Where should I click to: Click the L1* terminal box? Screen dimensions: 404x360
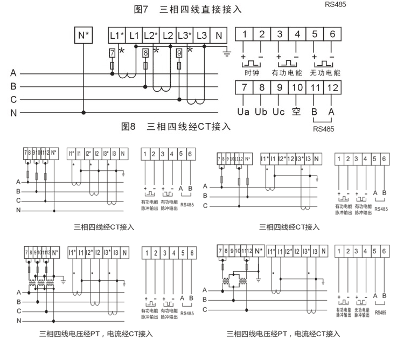(117, 36)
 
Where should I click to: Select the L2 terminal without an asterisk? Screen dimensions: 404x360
(168, 36)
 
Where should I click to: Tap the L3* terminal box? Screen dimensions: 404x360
(185, 36)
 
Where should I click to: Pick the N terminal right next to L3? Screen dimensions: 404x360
(218, 36)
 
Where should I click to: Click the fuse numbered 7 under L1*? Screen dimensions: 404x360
(112, 53)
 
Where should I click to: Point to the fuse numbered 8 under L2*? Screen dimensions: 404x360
(145, 53)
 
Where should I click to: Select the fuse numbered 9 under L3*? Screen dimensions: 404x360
(179, 53)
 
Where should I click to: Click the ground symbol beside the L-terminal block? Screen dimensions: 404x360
(227, 53)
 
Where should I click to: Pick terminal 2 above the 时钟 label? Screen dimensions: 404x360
(262, 35)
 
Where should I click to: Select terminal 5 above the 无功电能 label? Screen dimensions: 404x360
(315, 35)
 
